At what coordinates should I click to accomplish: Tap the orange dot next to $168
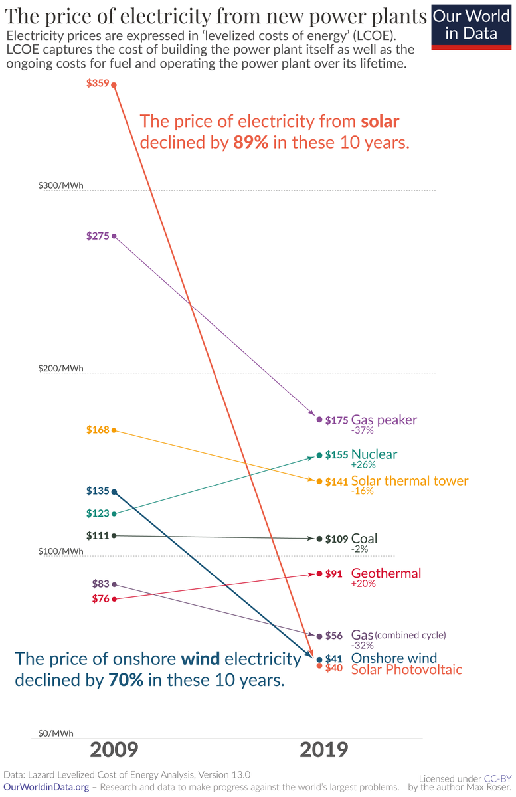click(114, 430)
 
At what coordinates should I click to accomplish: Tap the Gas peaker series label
click(384, 420)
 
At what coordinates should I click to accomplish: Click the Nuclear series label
click(374, 454)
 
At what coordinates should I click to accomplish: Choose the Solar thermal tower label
click(409, 481)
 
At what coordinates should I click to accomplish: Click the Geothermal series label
click(386, 573)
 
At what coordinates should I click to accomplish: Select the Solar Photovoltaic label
click(406, 669)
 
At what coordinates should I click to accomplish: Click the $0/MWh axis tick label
click(56, 733)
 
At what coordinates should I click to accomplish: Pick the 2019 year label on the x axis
click(323, 750)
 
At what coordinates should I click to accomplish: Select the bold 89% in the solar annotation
click(250, 143)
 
